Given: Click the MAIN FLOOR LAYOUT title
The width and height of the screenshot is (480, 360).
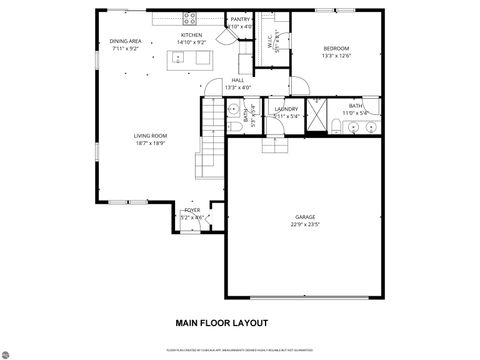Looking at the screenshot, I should (221, 323).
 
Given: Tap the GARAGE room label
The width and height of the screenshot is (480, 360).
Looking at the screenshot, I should (304, 217).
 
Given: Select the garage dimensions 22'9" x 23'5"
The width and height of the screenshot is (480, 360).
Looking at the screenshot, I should (304, 225).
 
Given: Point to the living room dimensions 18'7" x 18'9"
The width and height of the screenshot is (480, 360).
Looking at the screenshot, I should (150, 142).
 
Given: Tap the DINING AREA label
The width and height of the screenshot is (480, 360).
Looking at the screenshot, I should (125, 41).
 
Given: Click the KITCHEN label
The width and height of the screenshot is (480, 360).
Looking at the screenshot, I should (192, 35).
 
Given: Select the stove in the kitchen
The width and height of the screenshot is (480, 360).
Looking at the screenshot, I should (192, 18).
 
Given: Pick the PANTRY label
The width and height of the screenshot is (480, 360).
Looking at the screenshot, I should (240, 19).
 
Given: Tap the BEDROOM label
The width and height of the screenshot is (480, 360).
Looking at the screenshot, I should (336, 48).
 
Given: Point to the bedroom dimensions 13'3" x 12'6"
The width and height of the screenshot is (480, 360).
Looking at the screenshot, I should (336, 56).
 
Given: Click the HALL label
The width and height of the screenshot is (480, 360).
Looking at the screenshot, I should (238, 80).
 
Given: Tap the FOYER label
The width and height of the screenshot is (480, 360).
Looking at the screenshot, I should (192, 210).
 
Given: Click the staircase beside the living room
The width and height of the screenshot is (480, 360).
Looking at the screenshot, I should (212, 140).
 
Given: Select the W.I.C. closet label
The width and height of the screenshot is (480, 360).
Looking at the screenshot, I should (269, 40).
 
